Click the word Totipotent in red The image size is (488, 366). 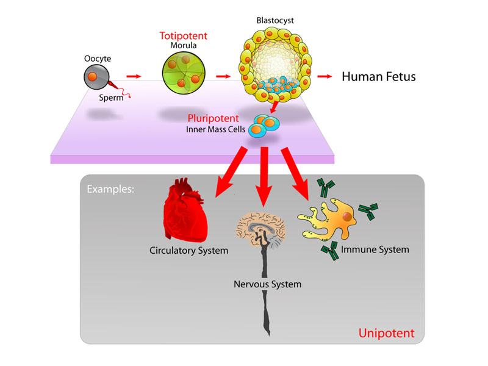182,36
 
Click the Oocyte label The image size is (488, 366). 98,59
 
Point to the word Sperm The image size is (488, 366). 113,97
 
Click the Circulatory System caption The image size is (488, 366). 188,250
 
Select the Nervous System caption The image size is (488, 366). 267,284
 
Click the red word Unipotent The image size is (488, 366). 386,334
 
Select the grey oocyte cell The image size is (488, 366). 97,78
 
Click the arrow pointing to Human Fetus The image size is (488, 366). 325,77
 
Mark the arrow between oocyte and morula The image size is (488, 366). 134,77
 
